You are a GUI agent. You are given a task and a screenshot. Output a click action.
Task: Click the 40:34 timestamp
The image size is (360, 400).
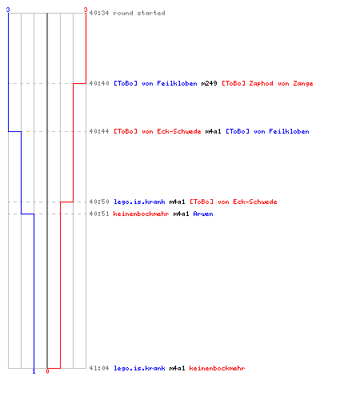[99, 13]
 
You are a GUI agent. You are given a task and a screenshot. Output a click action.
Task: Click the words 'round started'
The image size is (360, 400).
[139, 13]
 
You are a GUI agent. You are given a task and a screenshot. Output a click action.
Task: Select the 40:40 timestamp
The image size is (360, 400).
[99, 83]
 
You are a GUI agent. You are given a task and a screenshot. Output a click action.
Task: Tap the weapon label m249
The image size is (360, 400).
[209, 83]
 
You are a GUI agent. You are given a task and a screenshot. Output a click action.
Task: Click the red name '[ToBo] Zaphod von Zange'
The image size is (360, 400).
[267, 83]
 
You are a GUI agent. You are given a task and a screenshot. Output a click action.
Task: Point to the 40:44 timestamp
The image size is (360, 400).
[99, 131]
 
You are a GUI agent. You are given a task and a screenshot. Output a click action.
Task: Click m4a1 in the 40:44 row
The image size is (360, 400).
[213, 131]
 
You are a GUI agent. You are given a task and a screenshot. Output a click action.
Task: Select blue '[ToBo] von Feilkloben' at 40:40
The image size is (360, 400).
[155, 83]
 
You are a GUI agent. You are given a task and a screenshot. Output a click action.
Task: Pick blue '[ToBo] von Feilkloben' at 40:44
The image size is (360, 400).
[267, 131]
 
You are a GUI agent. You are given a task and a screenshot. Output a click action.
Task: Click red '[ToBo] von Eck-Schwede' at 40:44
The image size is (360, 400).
[158, 131]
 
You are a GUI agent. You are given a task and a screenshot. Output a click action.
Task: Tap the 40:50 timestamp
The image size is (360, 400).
[99, 202]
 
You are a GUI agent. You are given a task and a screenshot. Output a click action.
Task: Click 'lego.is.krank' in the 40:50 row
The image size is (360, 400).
[139, 202]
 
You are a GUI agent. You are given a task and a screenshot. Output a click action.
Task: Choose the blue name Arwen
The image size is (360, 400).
[203, 214]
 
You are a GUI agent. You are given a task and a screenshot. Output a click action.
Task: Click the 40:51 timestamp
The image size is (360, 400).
[99, 214]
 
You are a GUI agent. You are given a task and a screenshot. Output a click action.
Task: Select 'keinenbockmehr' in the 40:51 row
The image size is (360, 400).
[141, 214]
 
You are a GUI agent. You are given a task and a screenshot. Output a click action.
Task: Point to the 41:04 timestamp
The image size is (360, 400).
[99, 368]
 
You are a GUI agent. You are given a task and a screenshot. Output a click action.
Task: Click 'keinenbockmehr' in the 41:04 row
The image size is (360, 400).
[217, 368]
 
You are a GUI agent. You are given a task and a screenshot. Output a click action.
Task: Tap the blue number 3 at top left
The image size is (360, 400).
[8, 10]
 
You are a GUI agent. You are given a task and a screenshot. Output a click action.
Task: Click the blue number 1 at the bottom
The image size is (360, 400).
[34, 371]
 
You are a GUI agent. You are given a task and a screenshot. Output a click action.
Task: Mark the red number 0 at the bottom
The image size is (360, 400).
[47, 371]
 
